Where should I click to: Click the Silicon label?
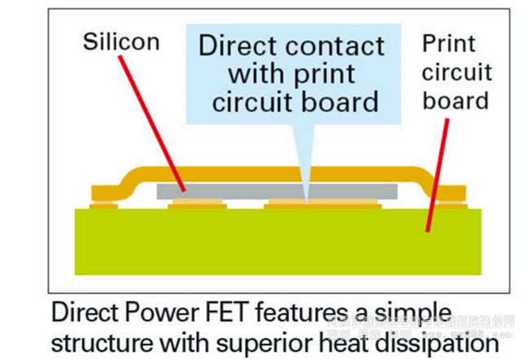(x=121, y=42)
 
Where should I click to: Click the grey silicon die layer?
(x=277, y=190)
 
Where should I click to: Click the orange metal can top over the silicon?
(x=277, y=173)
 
